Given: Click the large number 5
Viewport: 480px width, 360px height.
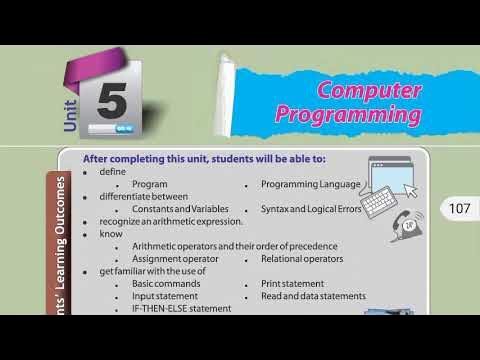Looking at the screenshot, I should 113,101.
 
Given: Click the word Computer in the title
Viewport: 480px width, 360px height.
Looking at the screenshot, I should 369,91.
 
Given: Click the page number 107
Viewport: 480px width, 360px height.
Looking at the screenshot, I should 459,209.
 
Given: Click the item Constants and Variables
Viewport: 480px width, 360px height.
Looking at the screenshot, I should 180,208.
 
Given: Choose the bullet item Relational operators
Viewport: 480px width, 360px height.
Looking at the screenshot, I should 302,259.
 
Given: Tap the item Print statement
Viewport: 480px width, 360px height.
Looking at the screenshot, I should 292,284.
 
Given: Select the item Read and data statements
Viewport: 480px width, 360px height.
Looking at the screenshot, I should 313,296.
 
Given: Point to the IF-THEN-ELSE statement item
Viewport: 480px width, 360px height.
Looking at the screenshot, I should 181,308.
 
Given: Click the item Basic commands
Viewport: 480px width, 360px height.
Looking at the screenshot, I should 166,284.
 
